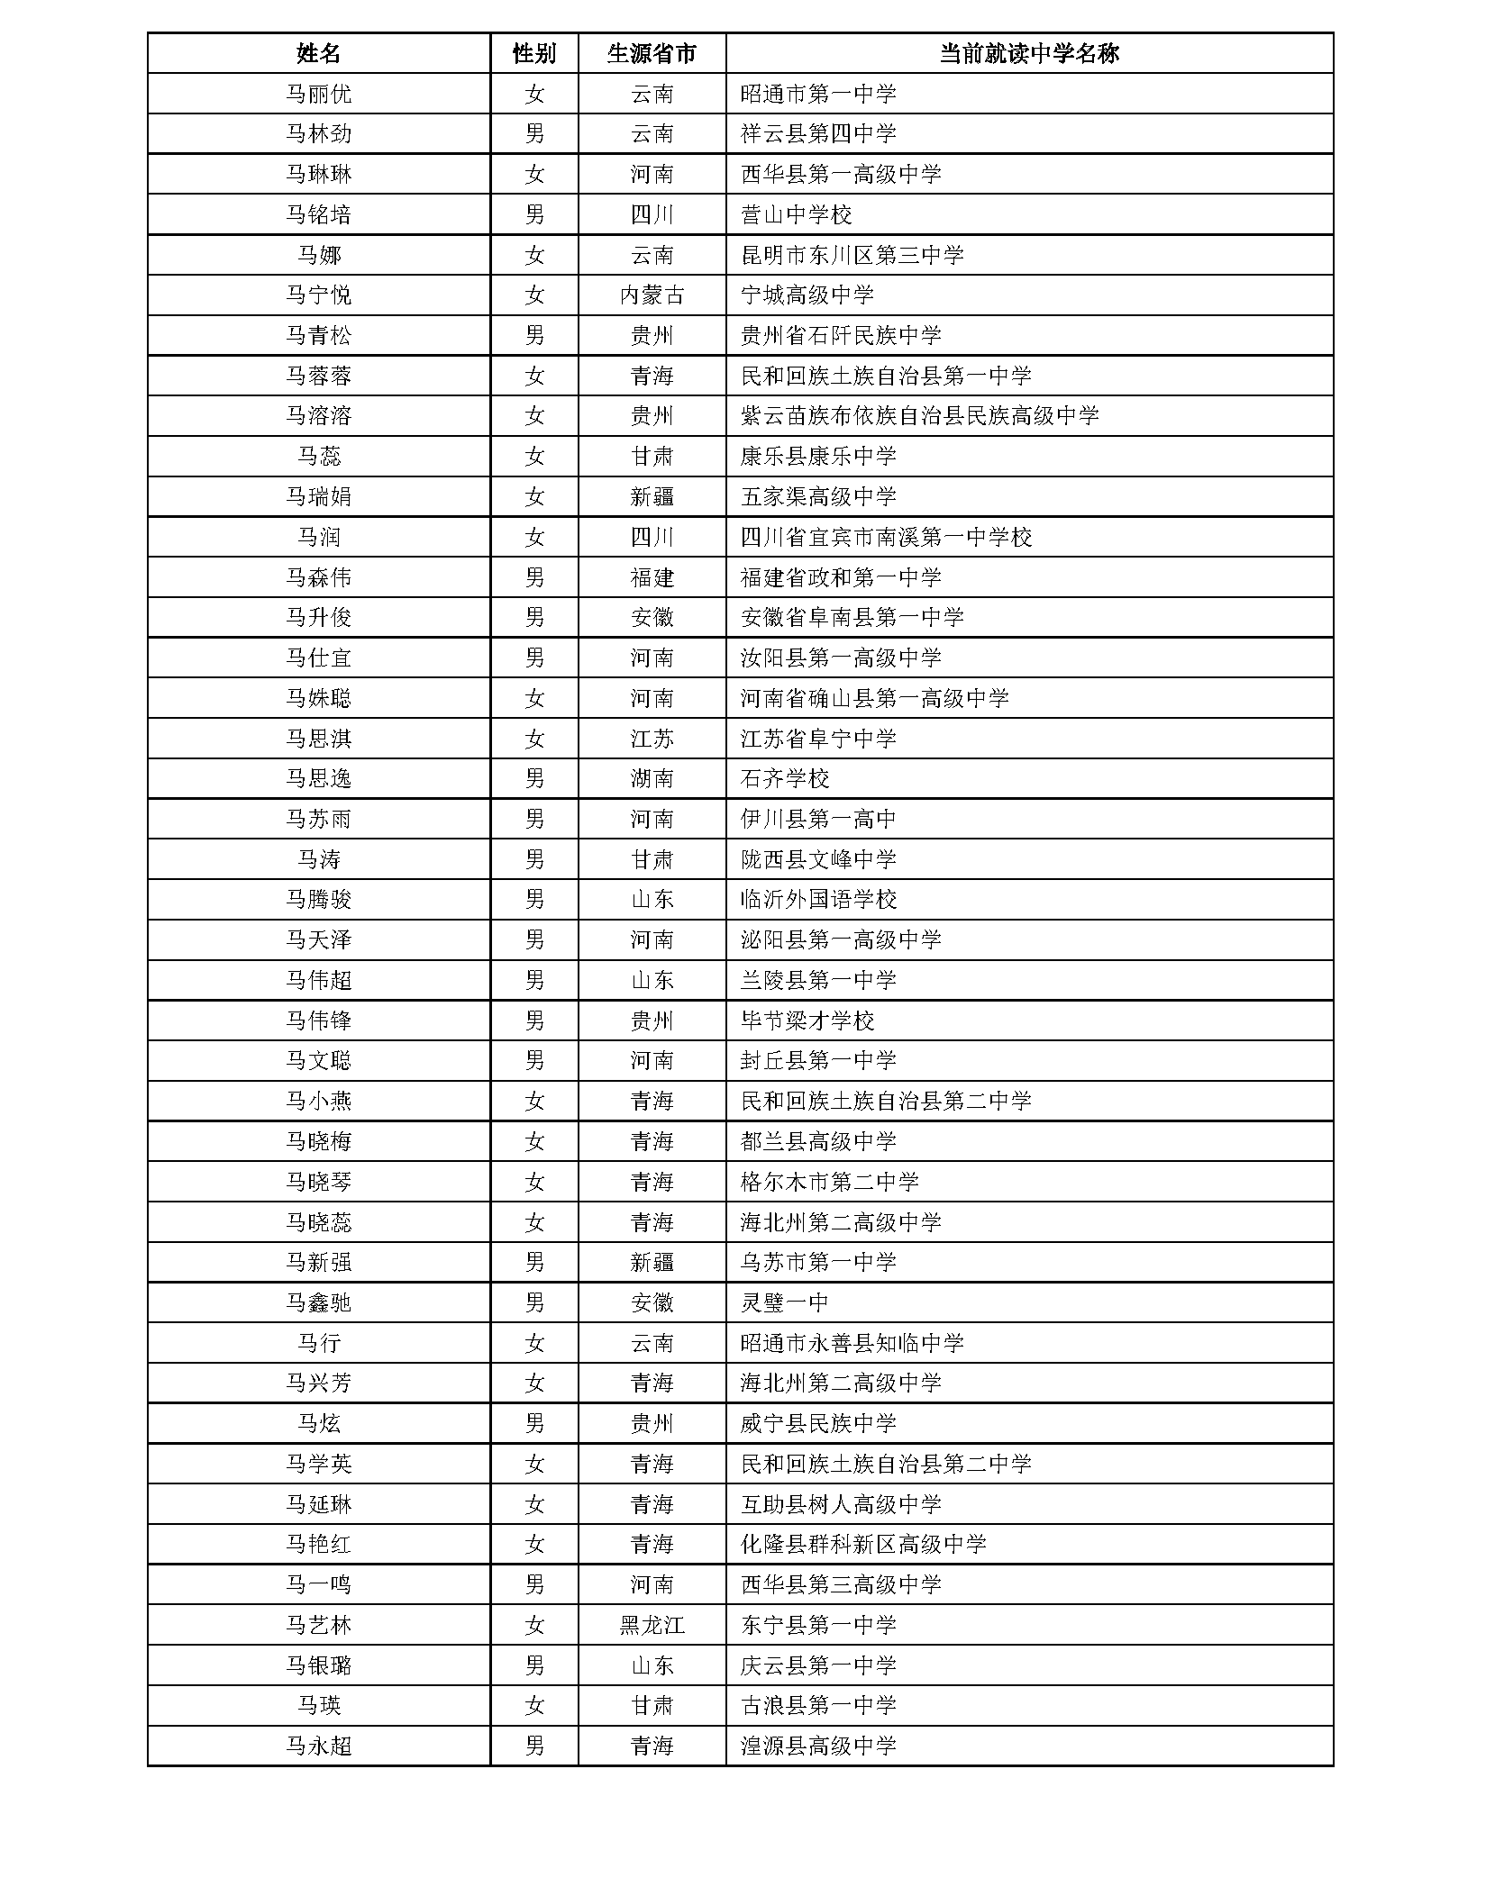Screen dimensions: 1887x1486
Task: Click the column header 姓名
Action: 318,53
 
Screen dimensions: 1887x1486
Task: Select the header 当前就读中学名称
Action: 1028,53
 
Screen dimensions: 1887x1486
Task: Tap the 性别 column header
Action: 534,53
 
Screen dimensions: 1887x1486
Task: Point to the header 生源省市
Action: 652,53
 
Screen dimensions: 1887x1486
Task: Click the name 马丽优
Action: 318,94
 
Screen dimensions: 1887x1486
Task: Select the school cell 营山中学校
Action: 796,214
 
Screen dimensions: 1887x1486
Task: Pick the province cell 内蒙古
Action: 652,295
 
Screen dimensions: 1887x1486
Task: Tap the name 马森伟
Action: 318,577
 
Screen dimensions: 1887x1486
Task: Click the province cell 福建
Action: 652,577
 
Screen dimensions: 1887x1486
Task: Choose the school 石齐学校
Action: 784,779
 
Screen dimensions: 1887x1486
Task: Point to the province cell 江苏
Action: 652,739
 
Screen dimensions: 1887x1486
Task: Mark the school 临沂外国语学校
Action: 818,900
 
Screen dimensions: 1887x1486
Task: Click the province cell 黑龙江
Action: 652,1626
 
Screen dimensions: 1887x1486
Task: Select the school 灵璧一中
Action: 784,1302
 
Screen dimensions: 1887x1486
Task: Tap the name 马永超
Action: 318,1746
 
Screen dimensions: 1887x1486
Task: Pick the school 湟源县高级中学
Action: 818,1746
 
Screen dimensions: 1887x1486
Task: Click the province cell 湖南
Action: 652,779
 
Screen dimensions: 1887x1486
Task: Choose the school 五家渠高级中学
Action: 818,496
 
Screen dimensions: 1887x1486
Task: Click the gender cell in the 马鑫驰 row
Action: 534,1302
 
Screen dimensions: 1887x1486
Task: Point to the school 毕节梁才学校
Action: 807,1021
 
